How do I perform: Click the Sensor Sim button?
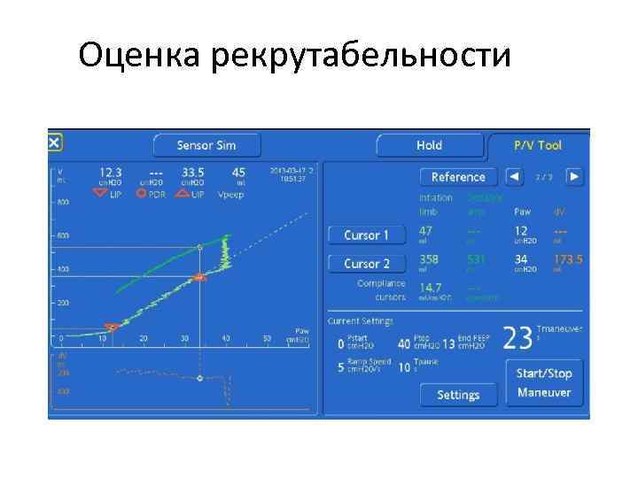pyautogui.click(x=206, y=145)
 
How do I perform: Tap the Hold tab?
pyautogui.click(x=429, y=145)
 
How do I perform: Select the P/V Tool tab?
pyautogui.click(x=538, y=145)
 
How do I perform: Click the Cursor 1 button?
pyautogui.click(x=366, y=235)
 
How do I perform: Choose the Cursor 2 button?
pyautogui.click(x=366, y=264)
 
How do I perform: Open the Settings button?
pyautogui.click(x=458, y=395)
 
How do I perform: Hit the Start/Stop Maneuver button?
pyautogui.click(x=544, y=382)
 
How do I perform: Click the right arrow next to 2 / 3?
pyautogui.click(x=574, y=176)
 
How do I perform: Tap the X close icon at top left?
pyautogui.click(x=54, y=143)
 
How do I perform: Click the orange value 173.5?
pyautogui.click(x=568, y=260)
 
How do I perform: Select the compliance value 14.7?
pyautogui.click(x=430, y=288)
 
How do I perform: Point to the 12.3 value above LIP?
pyautogui.click(x=111, y=172)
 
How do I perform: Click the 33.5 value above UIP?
pyautogui.click(x=192, y=172)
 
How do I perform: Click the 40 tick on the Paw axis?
pyautogui.click(x=227, y=338)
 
